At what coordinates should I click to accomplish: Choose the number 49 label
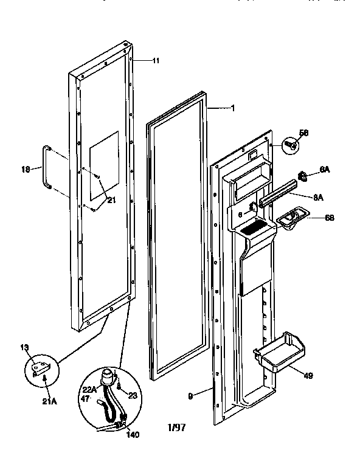click(x=308, y=376)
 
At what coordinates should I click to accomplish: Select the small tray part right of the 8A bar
click(x=291, y=217)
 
